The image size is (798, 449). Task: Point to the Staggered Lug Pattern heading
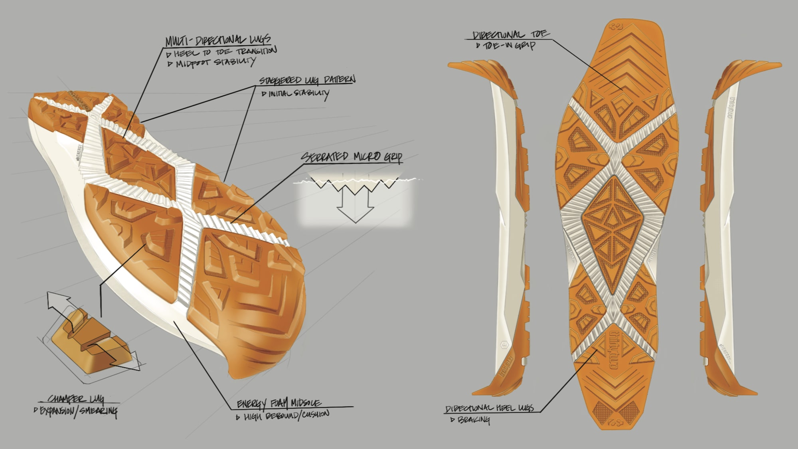(x=307, y=80)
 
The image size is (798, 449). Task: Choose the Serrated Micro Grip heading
(x=351, y=157)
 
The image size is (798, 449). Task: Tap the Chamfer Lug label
(x=76, y=399)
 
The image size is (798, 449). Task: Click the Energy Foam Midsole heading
(x=279, y=404)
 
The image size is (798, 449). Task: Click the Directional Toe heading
(x=511, y=35)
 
